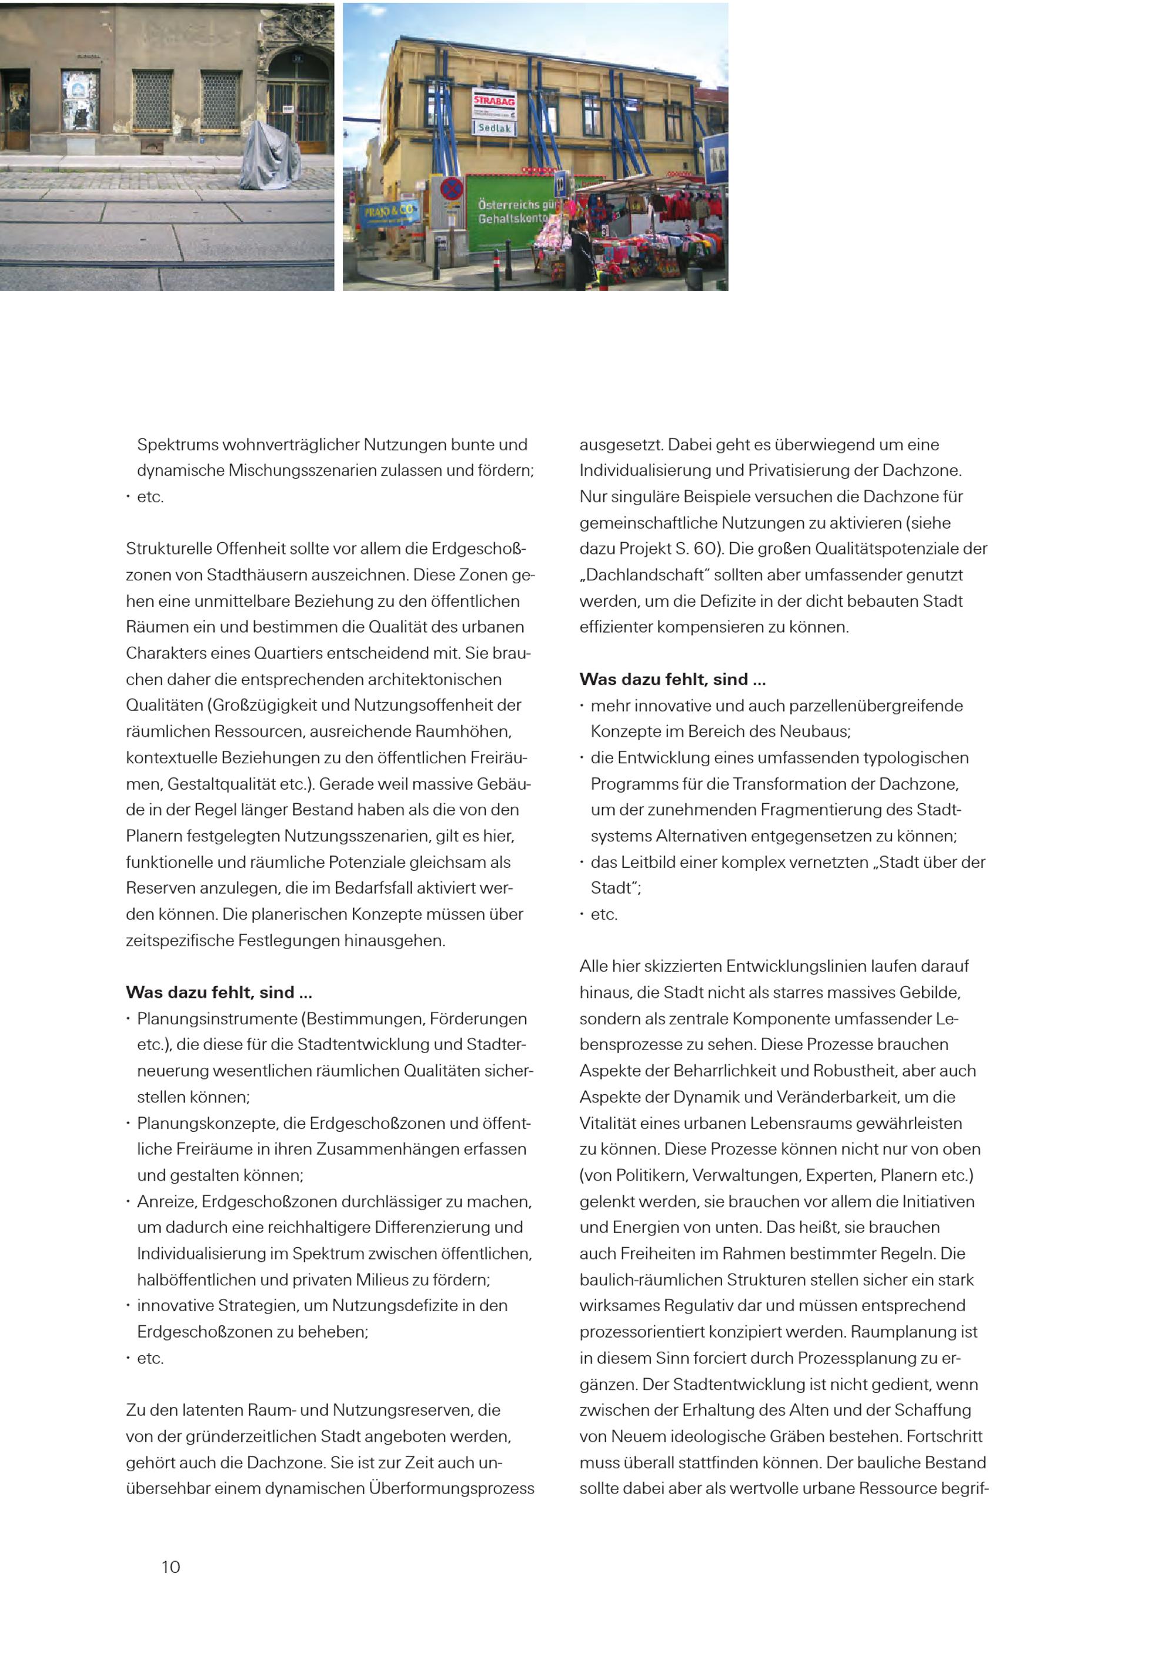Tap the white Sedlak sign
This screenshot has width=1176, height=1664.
pos(493,128)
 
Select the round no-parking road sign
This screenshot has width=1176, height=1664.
pos(452,190)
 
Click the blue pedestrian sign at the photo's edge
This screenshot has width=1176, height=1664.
pos(716,158)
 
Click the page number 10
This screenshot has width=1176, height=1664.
pos(171,1567)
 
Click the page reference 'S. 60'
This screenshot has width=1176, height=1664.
pos(698,549)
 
